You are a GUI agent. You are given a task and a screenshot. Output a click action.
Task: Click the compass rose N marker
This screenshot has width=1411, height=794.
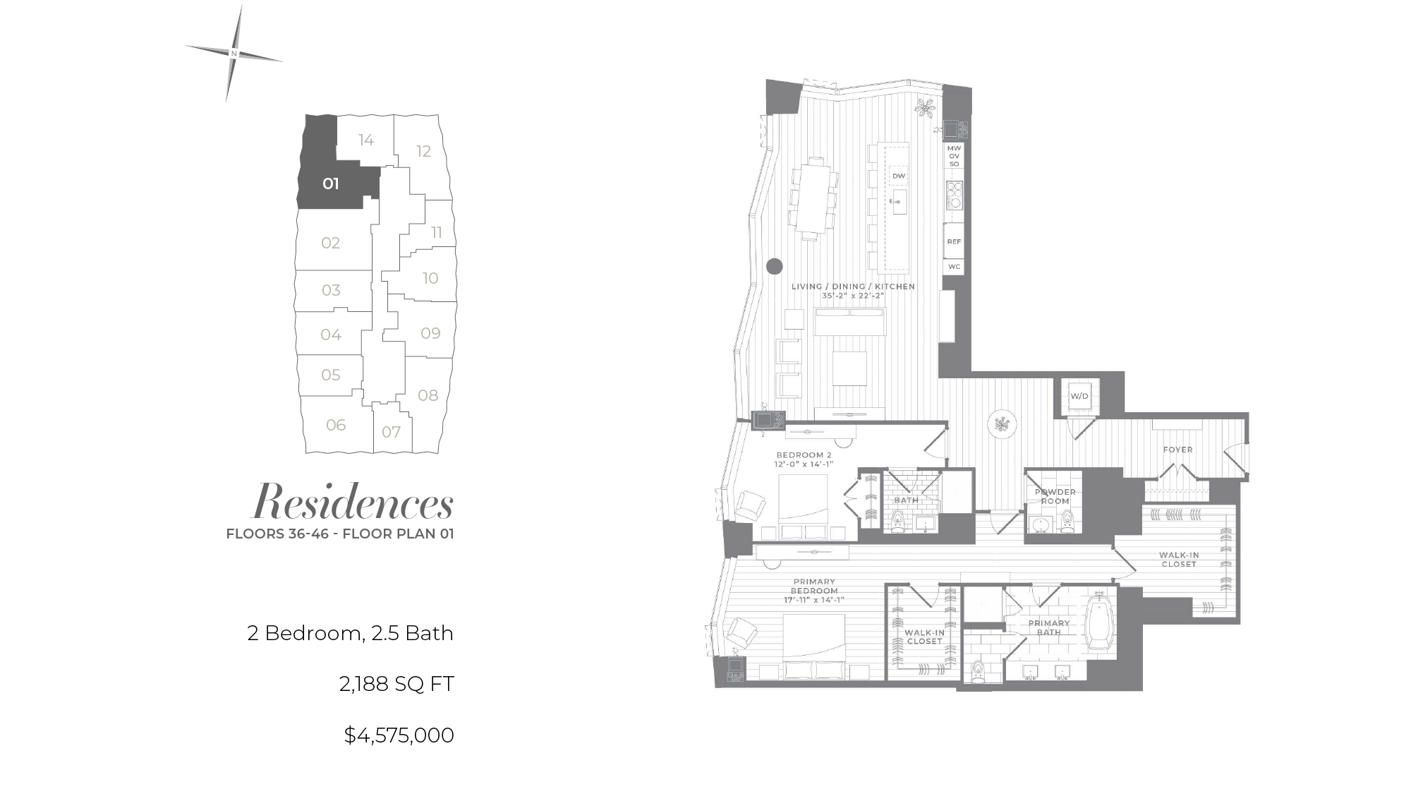(234, 54)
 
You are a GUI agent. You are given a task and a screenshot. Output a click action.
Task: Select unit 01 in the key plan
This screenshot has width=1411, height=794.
(331, 184)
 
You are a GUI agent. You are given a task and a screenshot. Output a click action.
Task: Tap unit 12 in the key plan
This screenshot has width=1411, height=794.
(423, 151)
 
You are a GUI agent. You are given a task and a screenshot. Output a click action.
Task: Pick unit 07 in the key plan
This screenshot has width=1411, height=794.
(392, 432)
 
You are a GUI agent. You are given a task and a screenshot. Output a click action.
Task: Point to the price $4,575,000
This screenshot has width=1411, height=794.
(399, 735)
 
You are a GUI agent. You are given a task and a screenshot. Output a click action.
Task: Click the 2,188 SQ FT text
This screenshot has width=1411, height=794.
(396, 684)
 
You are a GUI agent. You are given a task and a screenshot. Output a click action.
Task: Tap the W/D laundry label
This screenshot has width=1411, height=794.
(1079, 397)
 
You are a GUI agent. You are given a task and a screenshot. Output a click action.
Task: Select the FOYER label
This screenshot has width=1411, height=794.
(1178, 450)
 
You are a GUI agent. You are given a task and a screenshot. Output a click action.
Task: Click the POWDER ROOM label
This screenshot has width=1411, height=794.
(1055, 496)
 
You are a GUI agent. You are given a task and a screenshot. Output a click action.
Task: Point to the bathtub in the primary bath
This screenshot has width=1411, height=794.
(1099, 624)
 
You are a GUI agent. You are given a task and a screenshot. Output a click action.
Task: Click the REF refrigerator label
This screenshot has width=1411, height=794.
(954, 241)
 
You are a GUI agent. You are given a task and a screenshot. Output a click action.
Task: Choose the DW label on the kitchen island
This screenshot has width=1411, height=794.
(898, 176)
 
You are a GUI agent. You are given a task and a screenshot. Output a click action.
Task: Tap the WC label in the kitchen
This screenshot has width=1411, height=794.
(954, 267)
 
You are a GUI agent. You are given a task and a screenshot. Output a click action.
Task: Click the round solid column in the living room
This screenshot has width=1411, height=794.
(775, 266)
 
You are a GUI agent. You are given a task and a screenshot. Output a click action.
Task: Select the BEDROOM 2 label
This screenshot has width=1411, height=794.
(804, 455)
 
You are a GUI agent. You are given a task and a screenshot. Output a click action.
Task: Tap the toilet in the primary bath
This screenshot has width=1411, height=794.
(977, 672)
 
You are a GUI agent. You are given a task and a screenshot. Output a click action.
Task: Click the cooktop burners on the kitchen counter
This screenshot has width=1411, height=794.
(955, 195)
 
